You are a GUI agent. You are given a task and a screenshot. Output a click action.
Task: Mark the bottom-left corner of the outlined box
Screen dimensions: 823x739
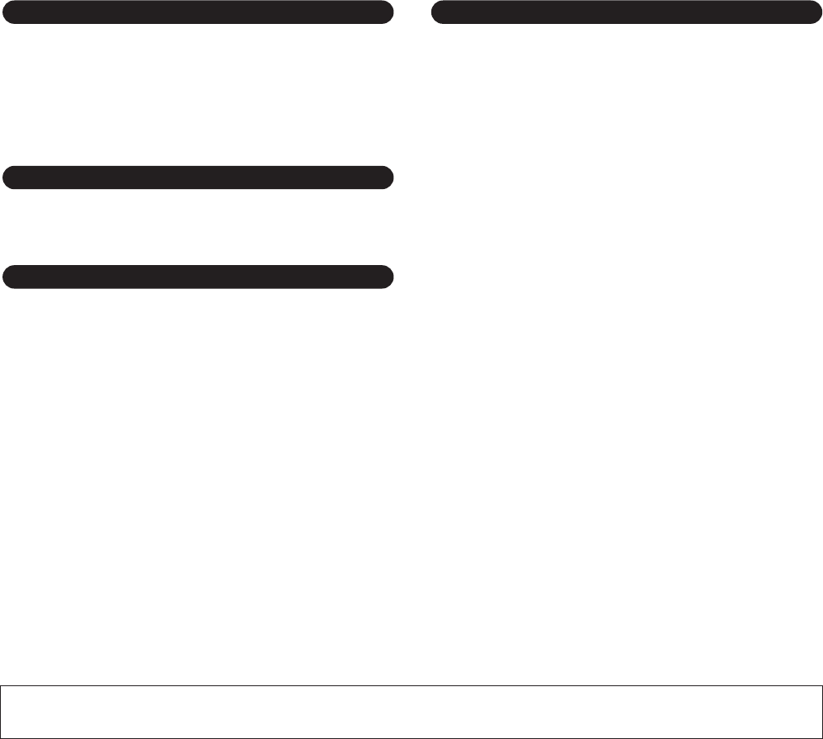pos(1,737)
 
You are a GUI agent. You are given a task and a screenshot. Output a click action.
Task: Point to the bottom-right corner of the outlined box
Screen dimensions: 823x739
pos(821,737)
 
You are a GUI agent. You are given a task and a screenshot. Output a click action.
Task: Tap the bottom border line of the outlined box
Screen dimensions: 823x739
pos(411,737)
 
